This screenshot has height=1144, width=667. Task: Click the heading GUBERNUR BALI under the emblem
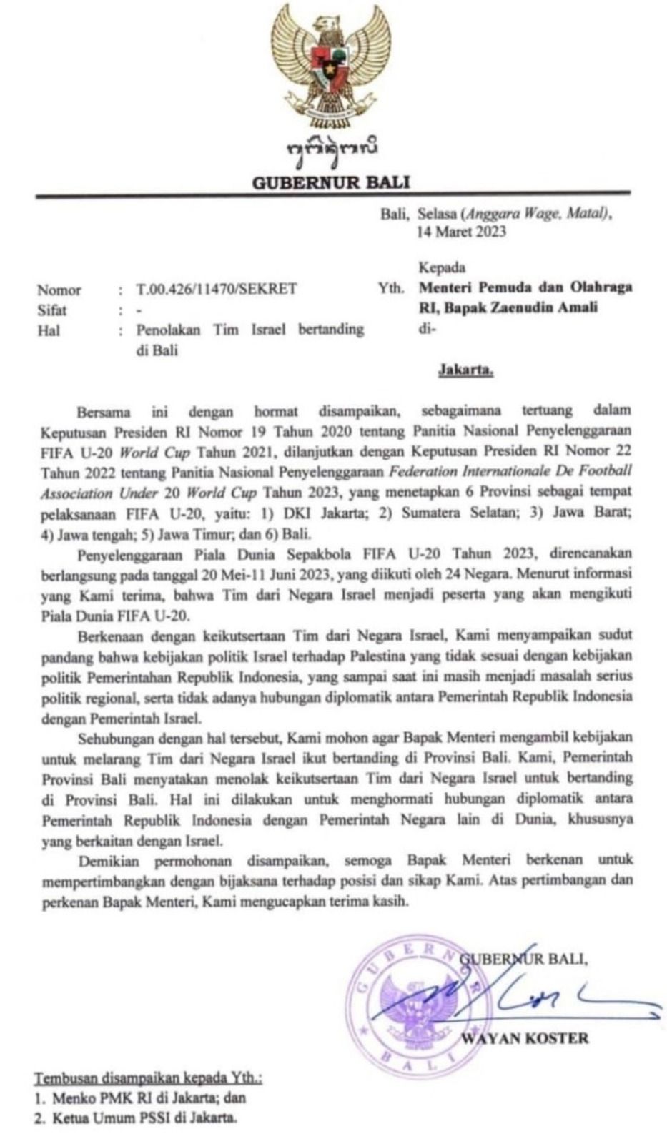tap(331, 182)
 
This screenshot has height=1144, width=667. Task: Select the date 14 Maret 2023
tap(462, 231)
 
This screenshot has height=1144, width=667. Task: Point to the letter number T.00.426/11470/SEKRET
tap(216, 290)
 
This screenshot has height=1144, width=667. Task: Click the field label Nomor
tap(59, 290)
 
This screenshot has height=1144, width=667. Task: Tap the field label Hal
tap(48, 330)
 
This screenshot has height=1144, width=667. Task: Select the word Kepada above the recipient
tap(442, 268)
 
